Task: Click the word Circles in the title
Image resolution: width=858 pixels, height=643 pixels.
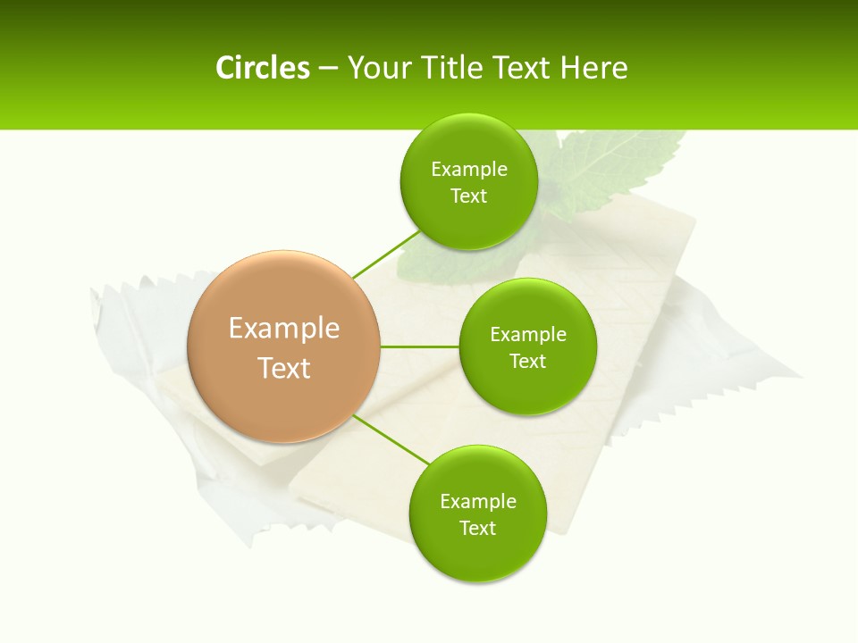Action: coord(262,68)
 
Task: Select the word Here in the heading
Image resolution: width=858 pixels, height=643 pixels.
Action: coord(594,68)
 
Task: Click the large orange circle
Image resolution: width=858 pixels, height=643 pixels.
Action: coord(284,347)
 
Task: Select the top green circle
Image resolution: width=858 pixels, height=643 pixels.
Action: coord(468,182)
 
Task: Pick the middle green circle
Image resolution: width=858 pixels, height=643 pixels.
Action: coord(527,347)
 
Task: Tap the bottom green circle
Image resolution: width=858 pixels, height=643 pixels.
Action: coord(477,514)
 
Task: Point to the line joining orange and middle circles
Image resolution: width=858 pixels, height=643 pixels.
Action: coord(419,346)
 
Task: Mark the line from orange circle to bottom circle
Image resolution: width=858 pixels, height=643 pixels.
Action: coord(391,438)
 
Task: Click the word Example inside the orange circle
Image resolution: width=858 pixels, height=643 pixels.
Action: coord(284,328)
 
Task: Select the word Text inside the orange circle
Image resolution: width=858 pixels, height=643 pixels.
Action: coord(284,367)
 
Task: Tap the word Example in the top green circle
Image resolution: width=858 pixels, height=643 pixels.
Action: coord(468,169)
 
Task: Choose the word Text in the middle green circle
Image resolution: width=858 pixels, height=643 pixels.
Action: coord(527,361)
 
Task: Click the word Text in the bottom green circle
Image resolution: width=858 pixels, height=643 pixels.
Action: coord(477,528)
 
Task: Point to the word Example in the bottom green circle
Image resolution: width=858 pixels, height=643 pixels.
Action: coord(477,501)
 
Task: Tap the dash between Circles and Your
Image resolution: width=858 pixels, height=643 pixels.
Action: coord(328,69)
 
